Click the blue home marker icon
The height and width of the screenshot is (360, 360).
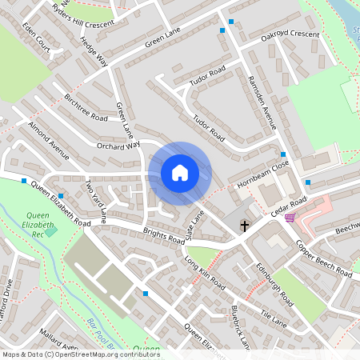click(180, 173)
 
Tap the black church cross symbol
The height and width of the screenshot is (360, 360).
click(246, 226)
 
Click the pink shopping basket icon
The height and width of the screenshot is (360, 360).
click(289, 218)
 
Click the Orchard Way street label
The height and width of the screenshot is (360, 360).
click(118, 146)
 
